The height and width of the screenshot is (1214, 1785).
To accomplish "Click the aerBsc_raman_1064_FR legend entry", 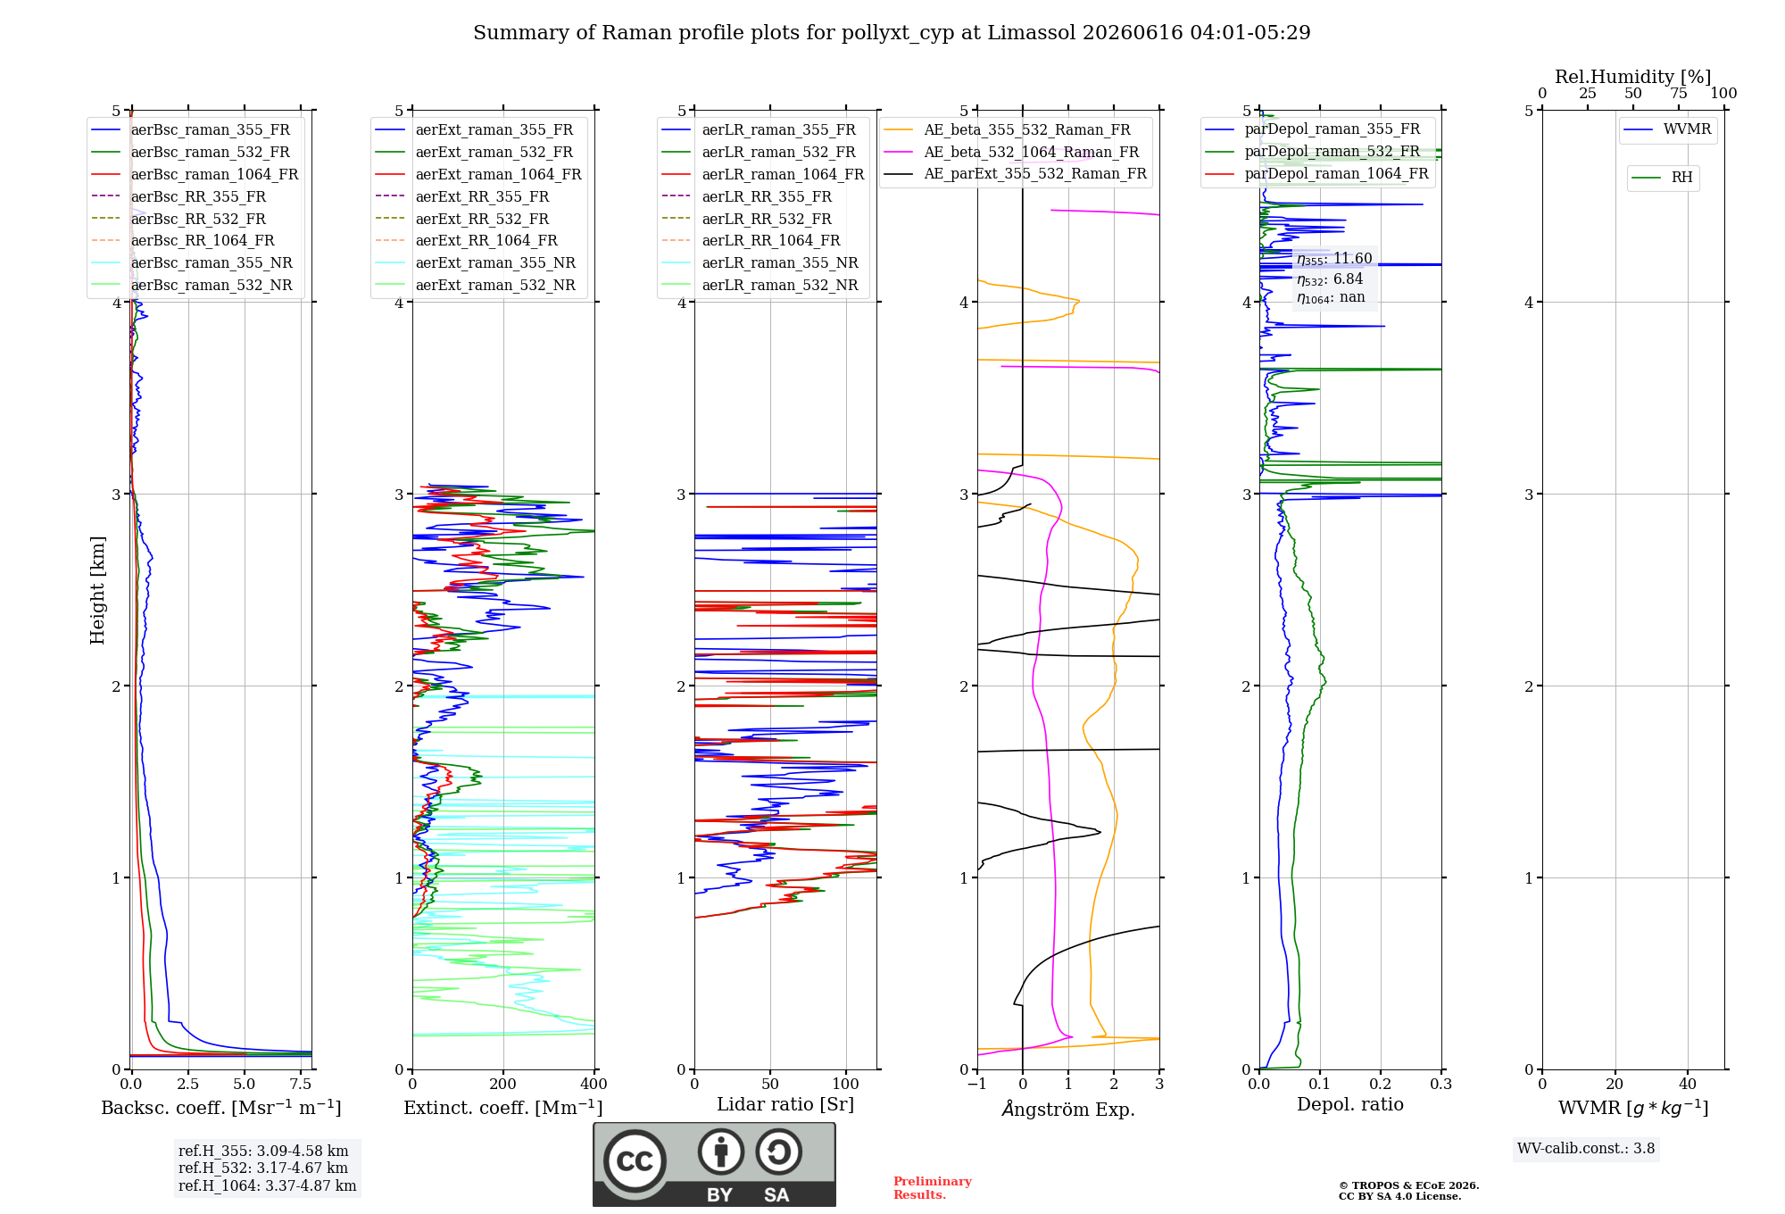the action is point(195,174).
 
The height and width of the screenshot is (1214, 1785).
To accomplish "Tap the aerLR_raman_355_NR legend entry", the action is point(760,262).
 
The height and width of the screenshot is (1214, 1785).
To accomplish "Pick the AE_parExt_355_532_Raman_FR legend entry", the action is point(1015,173).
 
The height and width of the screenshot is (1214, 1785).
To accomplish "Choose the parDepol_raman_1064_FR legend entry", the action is point(1316,173).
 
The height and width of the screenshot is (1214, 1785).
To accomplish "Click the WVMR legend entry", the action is point(1668,129).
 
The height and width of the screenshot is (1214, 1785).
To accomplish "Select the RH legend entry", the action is point(1663,178).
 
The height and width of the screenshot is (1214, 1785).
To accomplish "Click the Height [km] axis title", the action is point(97,590).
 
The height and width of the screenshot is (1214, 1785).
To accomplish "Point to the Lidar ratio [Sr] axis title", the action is point(785,1104).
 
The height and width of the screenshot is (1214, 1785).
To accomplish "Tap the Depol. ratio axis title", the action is point(1350,1104).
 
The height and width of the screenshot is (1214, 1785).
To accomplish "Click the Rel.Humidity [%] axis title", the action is point(1633,77).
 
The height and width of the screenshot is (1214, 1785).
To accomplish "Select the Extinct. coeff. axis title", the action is point(503,1108).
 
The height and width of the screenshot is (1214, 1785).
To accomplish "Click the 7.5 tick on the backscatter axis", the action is point(301,1084).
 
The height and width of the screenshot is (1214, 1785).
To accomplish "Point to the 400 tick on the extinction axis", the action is point(594,1084).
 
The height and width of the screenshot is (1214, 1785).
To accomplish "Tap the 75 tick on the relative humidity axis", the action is point(1679,93).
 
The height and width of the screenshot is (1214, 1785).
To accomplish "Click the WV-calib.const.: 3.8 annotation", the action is point(1586,1149).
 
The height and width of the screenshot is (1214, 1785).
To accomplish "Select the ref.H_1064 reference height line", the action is point(267,1185).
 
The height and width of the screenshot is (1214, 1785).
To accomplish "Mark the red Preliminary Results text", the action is point(933,1188).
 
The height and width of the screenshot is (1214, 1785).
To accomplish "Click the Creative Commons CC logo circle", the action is point(635,1161).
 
